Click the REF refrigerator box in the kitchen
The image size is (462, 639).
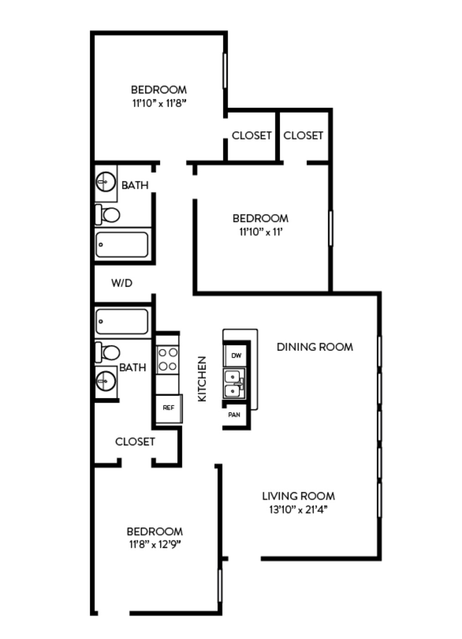coord(169,408)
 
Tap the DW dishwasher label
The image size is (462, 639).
coord(236,356)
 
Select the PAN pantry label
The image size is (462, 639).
coord(234,415)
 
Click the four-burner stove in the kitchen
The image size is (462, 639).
coord(168,360)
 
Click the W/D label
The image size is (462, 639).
coord(122,283)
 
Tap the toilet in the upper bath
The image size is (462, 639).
coord(108,215)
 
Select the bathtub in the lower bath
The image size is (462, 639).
coord(122,321)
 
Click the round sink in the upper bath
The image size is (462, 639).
coord(106,182)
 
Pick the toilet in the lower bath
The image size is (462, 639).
coord(108,353)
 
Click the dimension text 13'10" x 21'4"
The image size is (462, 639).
coord(298,510)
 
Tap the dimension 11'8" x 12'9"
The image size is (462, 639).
coord(155,545)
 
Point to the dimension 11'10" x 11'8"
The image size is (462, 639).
coord(159,103)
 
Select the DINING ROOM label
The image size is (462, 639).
coord(315,347)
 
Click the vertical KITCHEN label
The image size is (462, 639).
coord(202,379)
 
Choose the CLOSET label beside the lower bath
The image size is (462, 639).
coord(135,442)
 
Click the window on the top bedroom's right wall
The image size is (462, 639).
coord(225,71)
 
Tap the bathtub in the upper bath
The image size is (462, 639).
coord(122,244)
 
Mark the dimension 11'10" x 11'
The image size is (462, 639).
coord(261,232)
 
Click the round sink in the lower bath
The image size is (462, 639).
coord(106,381)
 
